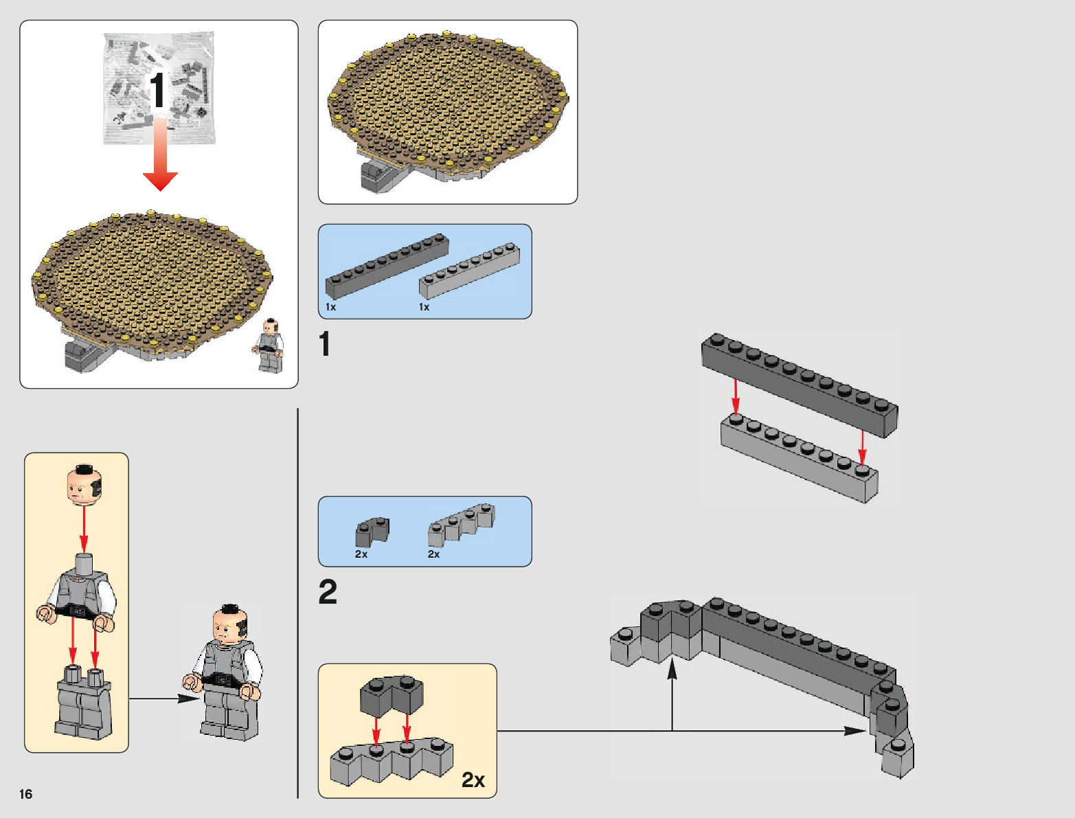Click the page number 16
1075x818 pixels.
[26, 794]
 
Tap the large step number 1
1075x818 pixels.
[325, 343]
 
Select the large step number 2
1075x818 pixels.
[328, 592]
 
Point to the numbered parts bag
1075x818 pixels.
[159, 87]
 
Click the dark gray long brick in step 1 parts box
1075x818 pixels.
[387, 266]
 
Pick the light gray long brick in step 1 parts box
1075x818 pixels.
[469, 270]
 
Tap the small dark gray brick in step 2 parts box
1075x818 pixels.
[372, 531]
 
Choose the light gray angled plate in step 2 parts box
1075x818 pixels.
[461, 524]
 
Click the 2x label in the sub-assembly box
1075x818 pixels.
[473, 780]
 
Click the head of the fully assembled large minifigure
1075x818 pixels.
[229, 624]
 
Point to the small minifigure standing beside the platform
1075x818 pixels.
[269, 345]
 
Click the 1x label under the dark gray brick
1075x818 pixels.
[330, 307]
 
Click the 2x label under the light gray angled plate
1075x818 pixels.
[433, 554]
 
